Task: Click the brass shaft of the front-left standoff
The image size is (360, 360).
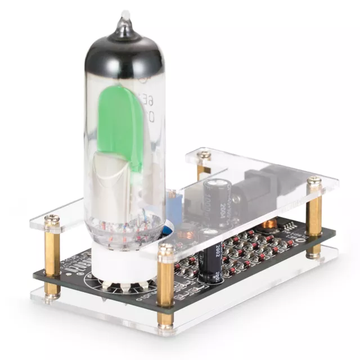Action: coord(52,259)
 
